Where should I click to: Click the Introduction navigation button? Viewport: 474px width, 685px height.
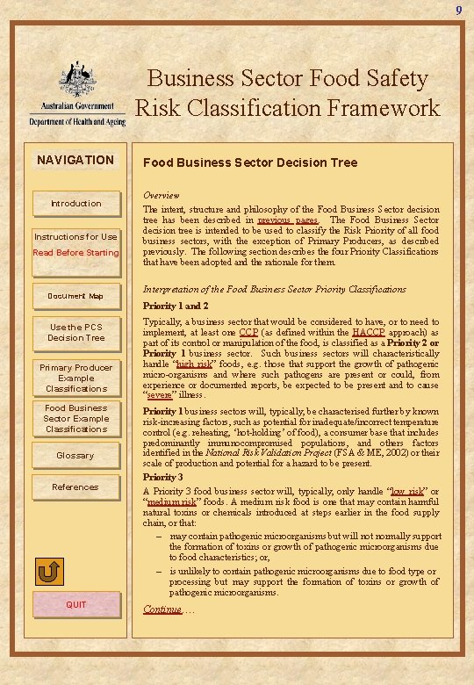click(x=75, y=204)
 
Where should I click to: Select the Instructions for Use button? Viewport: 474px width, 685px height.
click(x=75, y=244)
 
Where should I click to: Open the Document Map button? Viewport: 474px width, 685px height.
click(x=75, y=296)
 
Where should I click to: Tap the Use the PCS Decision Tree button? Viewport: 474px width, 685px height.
click(x=75, y=333)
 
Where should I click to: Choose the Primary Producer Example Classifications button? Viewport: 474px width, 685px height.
click(x=75, y=378)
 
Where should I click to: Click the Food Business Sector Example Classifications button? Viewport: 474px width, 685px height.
click(x=75, y=418)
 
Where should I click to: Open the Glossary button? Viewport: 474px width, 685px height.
click(x=75, y=456)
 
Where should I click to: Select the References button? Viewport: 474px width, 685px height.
click(x=75, y=487)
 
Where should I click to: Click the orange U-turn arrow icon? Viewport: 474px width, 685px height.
click(x=50, y=573)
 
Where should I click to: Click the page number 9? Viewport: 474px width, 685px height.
click(x=458, y=10)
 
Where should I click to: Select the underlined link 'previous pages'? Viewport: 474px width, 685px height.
click(x=294, y=220)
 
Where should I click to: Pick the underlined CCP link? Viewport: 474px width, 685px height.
click(x=248, y=332)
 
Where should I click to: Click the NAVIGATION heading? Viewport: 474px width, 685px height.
click(x=75, y=160)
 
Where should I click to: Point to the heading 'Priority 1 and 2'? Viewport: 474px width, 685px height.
click(x=176, y=306)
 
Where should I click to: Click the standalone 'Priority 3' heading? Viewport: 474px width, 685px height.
click(x=165, y=477)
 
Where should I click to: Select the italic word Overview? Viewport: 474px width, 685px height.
click(x=162, y=195)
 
